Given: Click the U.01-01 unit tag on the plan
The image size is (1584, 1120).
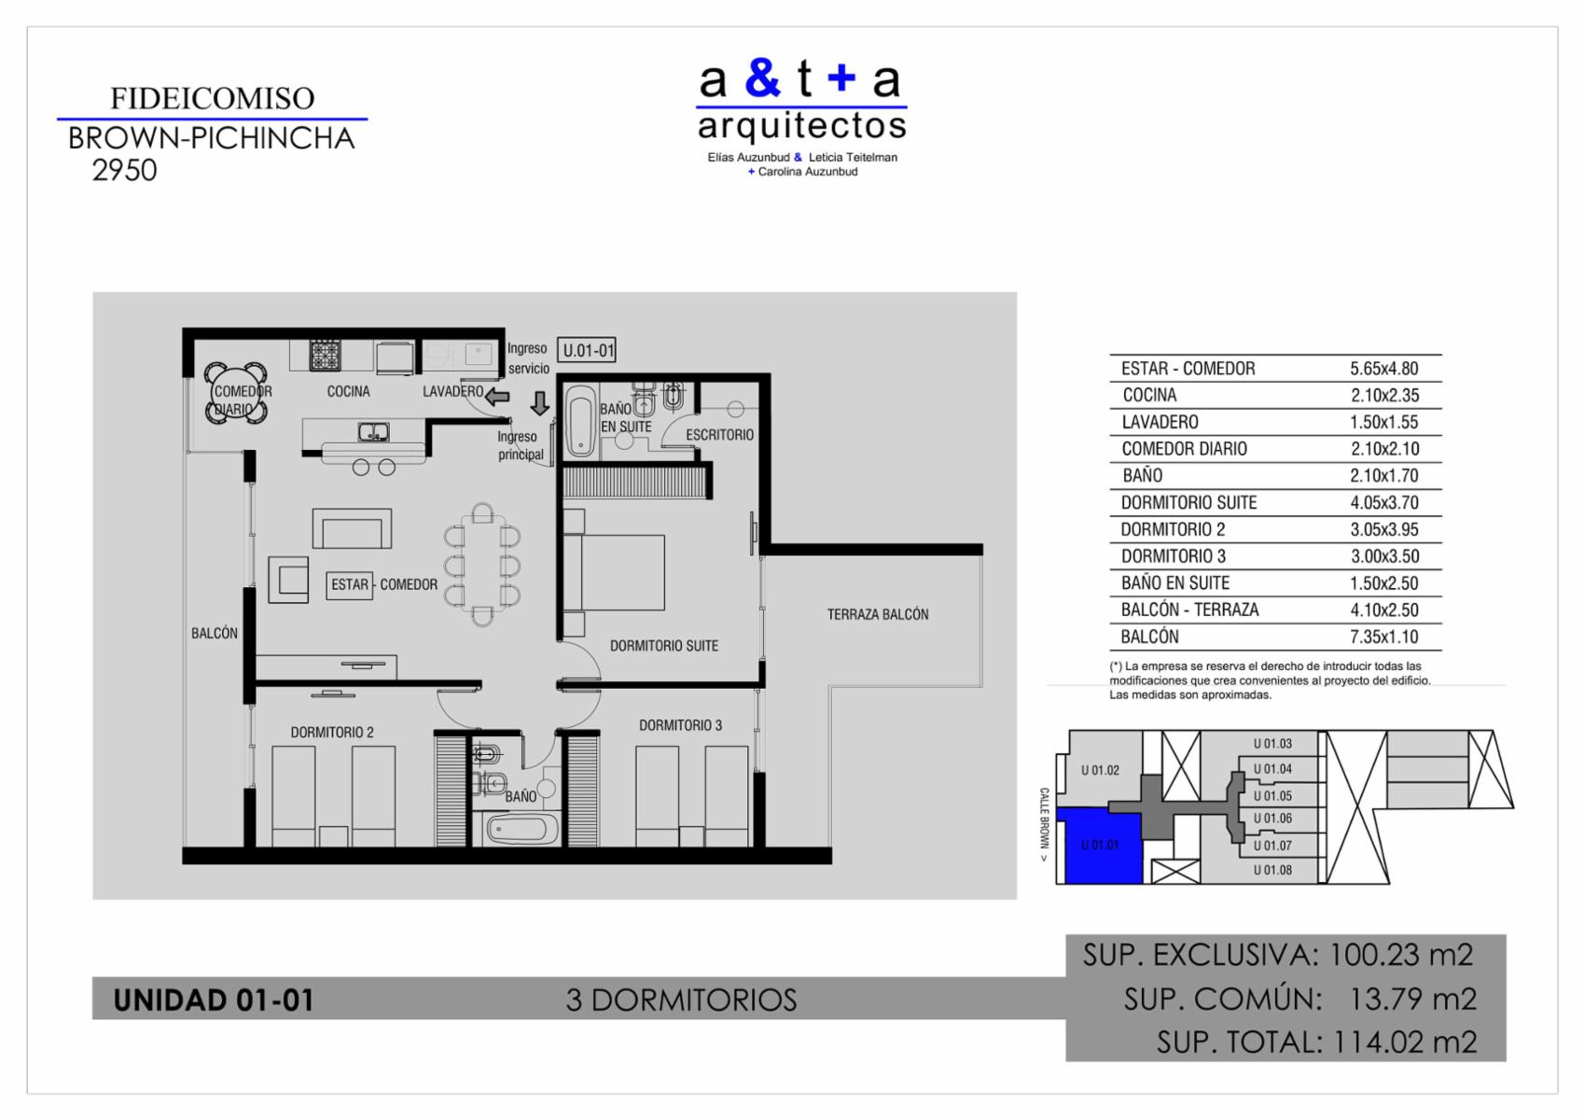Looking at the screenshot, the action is pyautogui.click(x=586, y=349).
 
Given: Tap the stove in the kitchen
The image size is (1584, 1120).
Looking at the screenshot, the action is pyautogui.click(x=326, y=356).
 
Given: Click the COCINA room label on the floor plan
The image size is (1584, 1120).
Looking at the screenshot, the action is pyautogui.click(x=348, y=391).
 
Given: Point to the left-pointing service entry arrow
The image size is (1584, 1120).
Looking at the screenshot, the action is pyautogui.click(x=497, y=397).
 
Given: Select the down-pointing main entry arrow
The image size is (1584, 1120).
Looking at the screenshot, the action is pyautogui.click(x=540, y=403).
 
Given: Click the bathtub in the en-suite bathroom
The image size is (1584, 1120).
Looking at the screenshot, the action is pyautogui.click(x=581, y=421).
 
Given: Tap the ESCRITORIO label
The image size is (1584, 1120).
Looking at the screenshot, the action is pyautogui.click(x=719, y=434).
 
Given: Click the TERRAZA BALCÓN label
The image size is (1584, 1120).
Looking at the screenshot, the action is pyautogui.click(x=878, y=614).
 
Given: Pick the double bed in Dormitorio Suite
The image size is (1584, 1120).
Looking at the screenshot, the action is pyautogui.click(x=614, y=572).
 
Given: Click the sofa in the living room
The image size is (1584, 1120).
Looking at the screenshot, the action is pyautogui.click(x=353, y=528).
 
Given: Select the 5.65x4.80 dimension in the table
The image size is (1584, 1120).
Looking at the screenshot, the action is pyautogui.click(x=1383, y=369).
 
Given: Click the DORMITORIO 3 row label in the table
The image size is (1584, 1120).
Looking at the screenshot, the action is pyautogui.click(x=1174, y=556).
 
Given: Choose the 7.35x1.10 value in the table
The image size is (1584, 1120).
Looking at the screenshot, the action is pyautogui.click(x=1383, y=637).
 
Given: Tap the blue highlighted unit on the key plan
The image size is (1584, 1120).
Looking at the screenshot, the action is pyautogui.click(x=1104, y=847).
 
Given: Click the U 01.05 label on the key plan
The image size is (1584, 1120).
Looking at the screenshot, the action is pyautogui.click(x=1272, y=795).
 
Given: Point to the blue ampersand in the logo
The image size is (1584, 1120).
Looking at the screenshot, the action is pyautogui.click(x=763, y=78).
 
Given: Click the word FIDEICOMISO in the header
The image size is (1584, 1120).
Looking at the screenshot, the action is pyautogui.click(x=212, y=98).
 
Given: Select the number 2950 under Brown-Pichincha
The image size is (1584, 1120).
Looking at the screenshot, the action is pyautogui.click(x=124, y=171).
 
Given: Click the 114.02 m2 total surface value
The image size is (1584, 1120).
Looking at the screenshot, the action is pyautogui.click(x=1405, y=1042).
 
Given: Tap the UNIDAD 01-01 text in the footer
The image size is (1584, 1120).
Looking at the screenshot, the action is pyautogui.click(x=214, y=1000).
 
